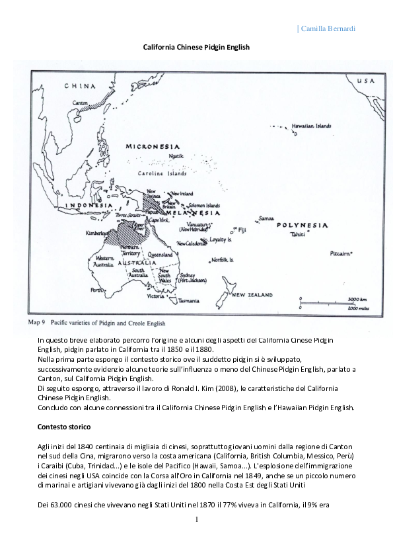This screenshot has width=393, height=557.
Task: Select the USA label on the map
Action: pyautogui.click(x=365, y=81)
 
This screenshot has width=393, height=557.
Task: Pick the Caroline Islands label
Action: pyautogui.click(x=162, y=173)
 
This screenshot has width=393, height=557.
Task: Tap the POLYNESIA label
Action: pyautogui.click(x=302, y=226)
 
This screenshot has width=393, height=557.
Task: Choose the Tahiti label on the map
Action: pyautogui.click(x=298, y=234)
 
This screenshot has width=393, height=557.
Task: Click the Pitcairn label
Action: pyautogui.click(x=339, y=253)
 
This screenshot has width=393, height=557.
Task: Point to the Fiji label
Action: pyautogui.click(x=242, y=230)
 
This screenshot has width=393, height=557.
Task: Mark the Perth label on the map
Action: pyautogui.click(x=97, y=290)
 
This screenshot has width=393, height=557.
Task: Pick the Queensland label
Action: pyautogui.click(x=160, y=254)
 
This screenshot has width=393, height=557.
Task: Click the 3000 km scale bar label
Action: pyautogui.click(x=357, y=300)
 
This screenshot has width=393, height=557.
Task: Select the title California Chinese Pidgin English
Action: pyautogui.click(x=196, y=47)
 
